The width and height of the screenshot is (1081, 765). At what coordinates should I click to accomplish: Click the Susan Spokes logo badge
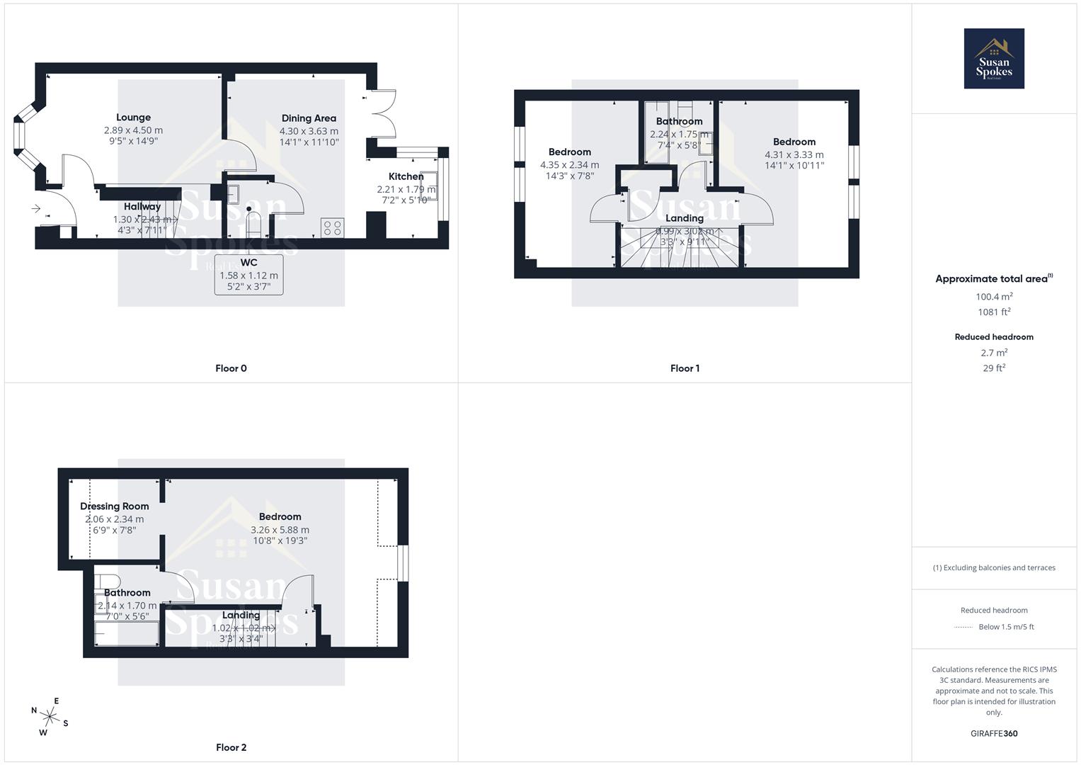993,59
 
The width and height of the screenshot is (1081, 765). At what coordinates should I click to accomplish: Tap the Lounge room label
133,118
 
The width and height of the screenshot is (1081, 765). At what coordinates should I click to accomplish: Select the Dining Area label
309,118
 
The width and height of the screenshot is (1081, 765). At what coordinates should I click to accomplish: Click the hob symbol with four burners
332,227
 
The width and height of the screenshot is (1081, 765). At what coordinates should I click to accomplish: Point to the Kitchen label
406,176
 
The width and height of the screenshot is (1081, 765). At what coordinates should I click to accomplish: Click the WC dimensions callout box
248,275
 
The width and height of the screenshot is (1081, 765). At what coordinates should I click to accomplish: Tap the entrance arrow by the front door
36,208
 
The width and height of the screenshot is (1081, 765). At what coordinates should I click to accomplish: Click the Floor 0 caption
231,368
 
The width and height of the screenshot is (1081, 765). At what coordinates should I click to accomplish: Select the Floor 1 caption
685,368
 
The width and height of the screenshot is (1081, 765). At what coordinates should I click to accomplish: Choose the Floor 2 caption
231,747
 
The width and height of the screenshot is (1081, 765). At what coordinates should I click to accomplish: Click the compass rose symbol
50,716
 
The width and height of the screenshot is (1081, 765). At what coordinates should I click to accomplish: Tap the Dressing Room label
114,506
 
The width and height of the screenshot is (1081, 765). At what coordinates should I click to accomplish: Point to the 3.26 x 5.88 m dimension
280,530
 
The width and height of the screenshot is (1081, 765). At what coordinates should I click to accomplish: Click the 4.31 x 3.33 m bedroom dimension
794,154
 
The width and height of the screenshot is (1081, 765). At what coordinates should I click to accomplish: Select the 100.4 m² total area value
994,297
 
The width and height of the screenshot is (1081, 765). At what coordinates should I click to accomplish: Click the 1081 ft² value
994,312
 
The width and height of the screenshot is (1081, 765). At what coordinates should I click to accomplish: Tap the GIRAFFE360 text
994,734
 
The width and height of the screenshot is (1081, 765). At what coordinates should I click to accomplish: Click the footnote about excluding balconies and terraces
994,567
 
